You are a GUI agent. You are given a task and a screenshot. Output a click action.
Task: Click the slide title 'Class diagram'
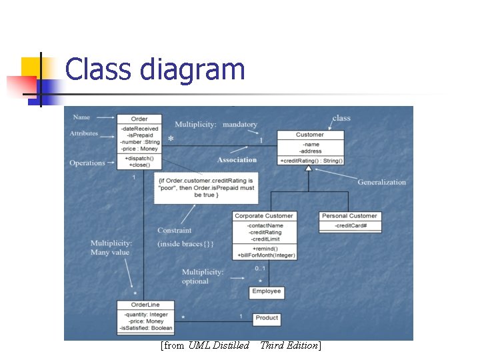coord(155,69)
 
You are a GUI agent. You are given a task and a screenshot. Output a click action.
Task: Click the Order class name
coord(139,119)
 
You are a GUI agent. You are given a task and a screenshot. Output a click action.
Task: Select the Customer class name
coord(310,135)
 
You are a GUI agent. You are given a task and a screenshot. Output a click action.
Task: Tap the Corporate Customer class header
coord(264,216)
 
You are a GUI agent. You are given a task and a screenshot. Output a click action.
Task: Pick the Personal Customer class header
coord(349,216)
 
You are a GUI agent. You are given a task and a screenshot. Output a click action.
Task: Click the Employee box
coord(267,291)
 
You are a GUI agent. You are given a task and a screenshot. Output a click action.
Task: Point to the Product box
coord(267,318)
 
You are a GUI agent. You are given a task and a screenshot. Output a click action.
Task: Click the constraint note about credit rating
coord(206,188)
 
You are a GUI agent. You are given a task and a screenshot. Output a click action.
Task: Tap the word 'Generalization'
coord(381,182)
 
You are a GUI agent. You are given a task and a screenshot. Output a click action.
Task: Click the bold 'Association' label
coord(237,160)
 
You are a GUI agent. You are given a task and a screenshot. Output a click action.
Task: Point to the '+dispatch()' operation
coord(139,158)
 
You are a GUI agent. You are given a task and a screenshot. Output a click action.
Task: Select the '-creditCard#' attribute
coord(349,226)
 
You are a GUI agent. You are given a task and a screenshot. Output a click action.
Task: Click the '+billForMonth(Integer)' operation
coord(266,255)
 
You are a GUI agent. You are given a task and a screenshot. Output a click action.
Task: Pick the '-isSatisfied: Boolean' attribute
coord(146,328)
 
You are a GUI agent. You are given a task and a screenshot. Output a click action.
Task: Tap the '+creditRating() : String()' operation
coord(311,161)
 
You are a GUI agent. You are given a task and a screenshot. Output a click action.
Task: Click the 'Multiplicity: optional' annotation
coord(203,277)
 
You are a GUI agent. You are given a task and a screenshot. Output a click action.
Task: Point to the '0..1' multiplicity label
coord(261,268)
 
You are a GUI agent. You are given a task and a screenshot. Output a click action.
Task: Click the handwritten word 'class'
coord(341,118)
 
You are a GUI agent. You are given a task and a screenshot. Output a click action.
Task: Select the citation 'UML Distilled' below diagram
coord(219,345)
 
